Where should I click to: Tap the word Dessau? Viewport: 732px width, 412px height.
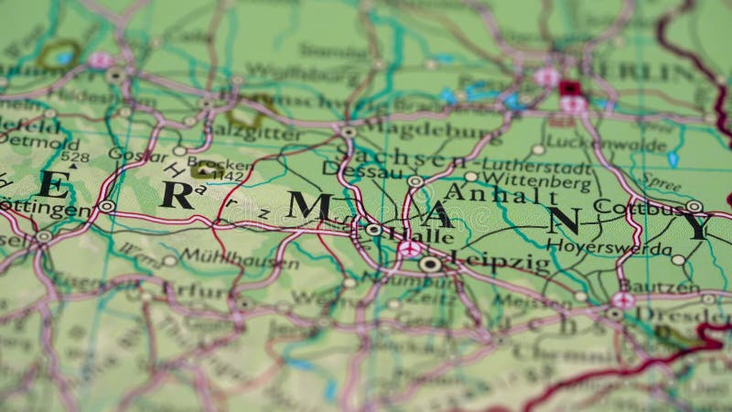(362, 170)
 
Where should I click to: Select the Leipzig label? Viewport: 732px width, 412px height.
(501, 262)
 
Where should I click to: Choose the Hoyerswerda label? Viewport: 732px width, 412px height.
(608, 247)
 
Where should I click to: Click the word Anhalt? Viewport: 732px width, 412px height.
(500, 194)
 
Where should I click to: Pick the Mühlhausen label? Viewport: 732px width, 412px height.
(238, 258)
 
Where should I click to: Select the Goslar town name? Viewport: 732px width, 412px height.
(138, 155)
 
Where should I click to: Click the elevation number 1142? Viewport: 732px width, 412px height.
(227, 176)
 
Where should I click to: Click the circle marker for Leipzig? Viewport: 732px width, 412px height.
(430, 265)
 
